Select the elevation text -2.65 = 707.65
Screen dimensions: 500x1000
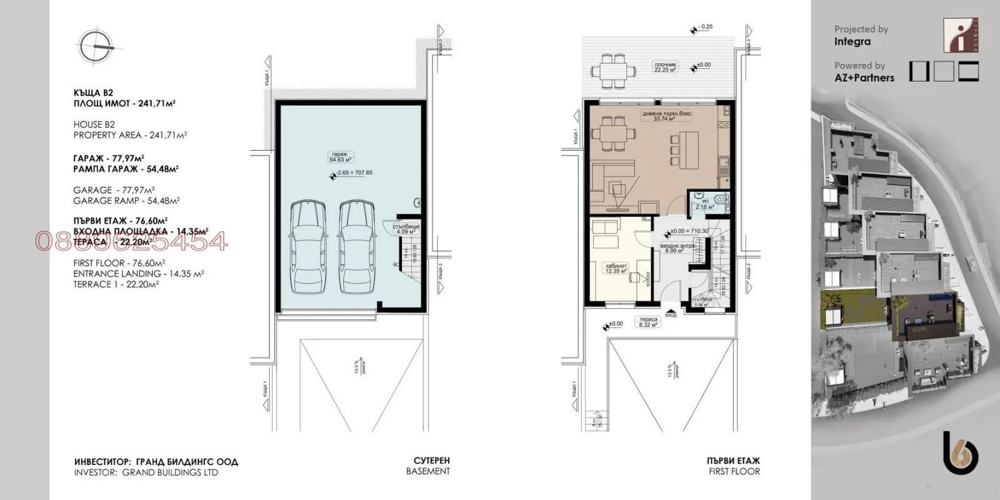[x=354, y=172]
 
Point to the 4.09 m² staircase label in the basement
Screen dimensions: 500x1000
[x=405, y=228]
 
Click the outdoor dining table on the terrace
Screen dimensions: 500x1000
[x=612, y=68]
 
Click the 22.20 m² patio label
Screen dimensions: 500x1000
[x=666, y=67]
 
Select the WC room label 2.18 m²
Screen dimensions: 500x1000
[x=704, y=204]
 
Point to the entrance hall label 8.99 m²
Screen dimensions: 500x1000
[x=672, y=248]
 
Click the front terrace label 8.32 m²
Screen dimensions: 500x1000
[x=647, y=322]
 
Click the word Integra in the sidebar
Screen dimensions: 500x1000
[x=852, y=42]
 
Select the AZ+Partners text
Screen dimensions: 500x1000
[x=864, y=78]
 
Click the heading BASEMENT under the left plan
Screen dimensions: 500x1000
[x=427, y=472]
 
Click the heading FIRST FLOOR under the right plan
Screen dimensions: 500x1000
[x=734, y=472]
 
